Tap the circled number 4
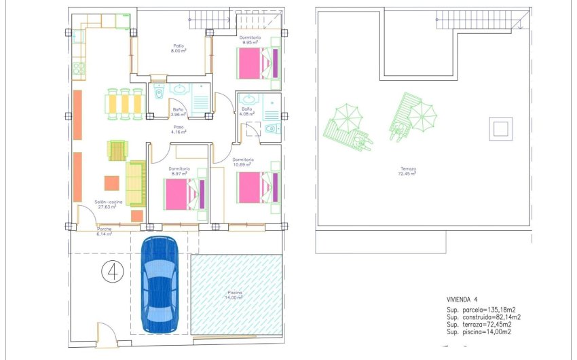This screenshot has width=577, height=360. (x=112, y=272)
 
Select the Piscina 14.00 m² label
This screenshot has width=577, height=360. (x=234, y=296)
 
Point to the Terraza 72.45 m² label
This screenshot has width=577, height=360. (x=407, y=171)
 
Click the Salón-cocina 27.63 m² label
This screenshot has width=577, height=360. (x=105, y=204)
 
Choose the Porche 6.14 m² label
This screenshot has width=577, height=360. (x=105, y=232)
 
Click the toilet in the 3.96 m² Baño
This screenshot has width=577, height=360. (x=159, y=92)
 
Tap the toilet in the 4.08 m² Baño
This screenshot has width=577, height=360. (x=271, y=128)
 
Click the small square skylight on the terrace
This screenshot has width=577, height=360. (x=501, y=128)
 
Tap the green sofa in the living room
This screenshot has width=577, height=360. (x=136, y=183)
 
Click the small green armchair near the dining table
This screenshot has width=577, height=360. (x=117, y=149)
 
